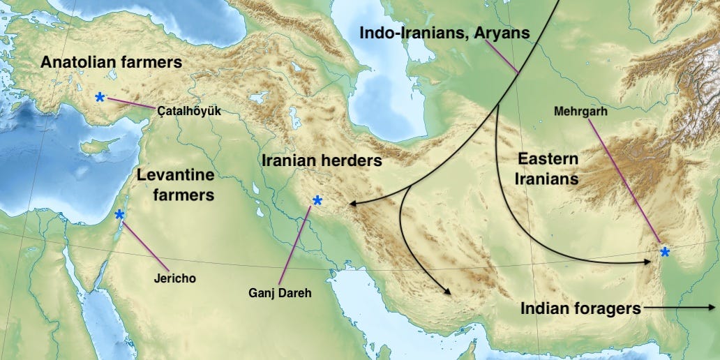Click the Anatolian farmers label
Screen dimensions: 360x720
[111, 62]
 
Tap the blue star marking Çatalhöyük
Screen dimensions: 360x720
[100, 97]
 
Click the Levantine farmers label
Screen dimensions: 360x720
[175, 185]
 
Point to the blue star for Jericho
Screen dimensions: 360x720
[119, 214]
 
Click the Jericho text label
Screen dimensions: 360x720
[174, 278]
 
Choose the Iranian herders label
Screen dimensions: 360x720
[322, 160]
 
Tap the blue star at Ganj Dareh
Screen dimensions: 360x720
[317, 201]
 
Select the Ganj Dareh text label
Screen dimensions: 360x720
[280, 293]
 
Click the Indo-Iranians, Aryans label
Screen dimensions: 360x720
[444, 32]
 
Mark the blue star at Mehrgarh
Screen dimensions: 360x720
[664, 252]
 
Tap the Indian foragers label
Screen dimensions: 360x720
[580, 308]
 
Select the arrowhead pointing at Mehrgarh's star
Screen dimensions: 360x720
[650, 262]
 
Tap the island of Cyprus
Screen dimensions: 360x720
[98, 146]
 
